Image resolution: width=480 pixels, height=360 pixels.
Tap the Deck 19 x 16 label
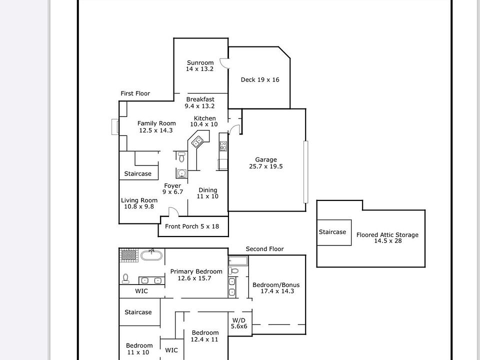(260, 79)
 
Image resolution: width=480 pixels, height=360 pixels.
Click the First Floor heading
(135, 93)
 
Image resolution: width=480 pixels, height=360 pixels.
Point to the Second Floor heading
(264, 249)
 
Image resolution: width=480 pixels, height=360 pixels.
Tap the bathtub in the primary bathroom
(151, 255)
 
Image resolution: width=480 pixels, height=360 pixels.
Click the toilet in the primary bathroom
(126, 278)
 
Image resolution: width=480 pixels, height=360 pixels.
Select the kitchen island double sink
(198, 141)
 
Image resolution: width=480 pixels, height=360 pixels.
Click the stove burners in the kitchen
(223, 146)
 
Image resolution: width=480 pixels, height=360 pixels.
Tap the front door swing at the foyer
(173, 212)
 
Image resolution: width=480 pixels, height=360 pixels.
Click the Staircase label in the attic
(332, 232)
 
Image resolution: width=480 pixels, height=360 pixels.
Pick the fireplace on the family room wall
(115, 127)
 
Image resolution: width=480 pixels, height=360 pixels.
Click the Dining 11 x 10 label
(208, 193)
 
